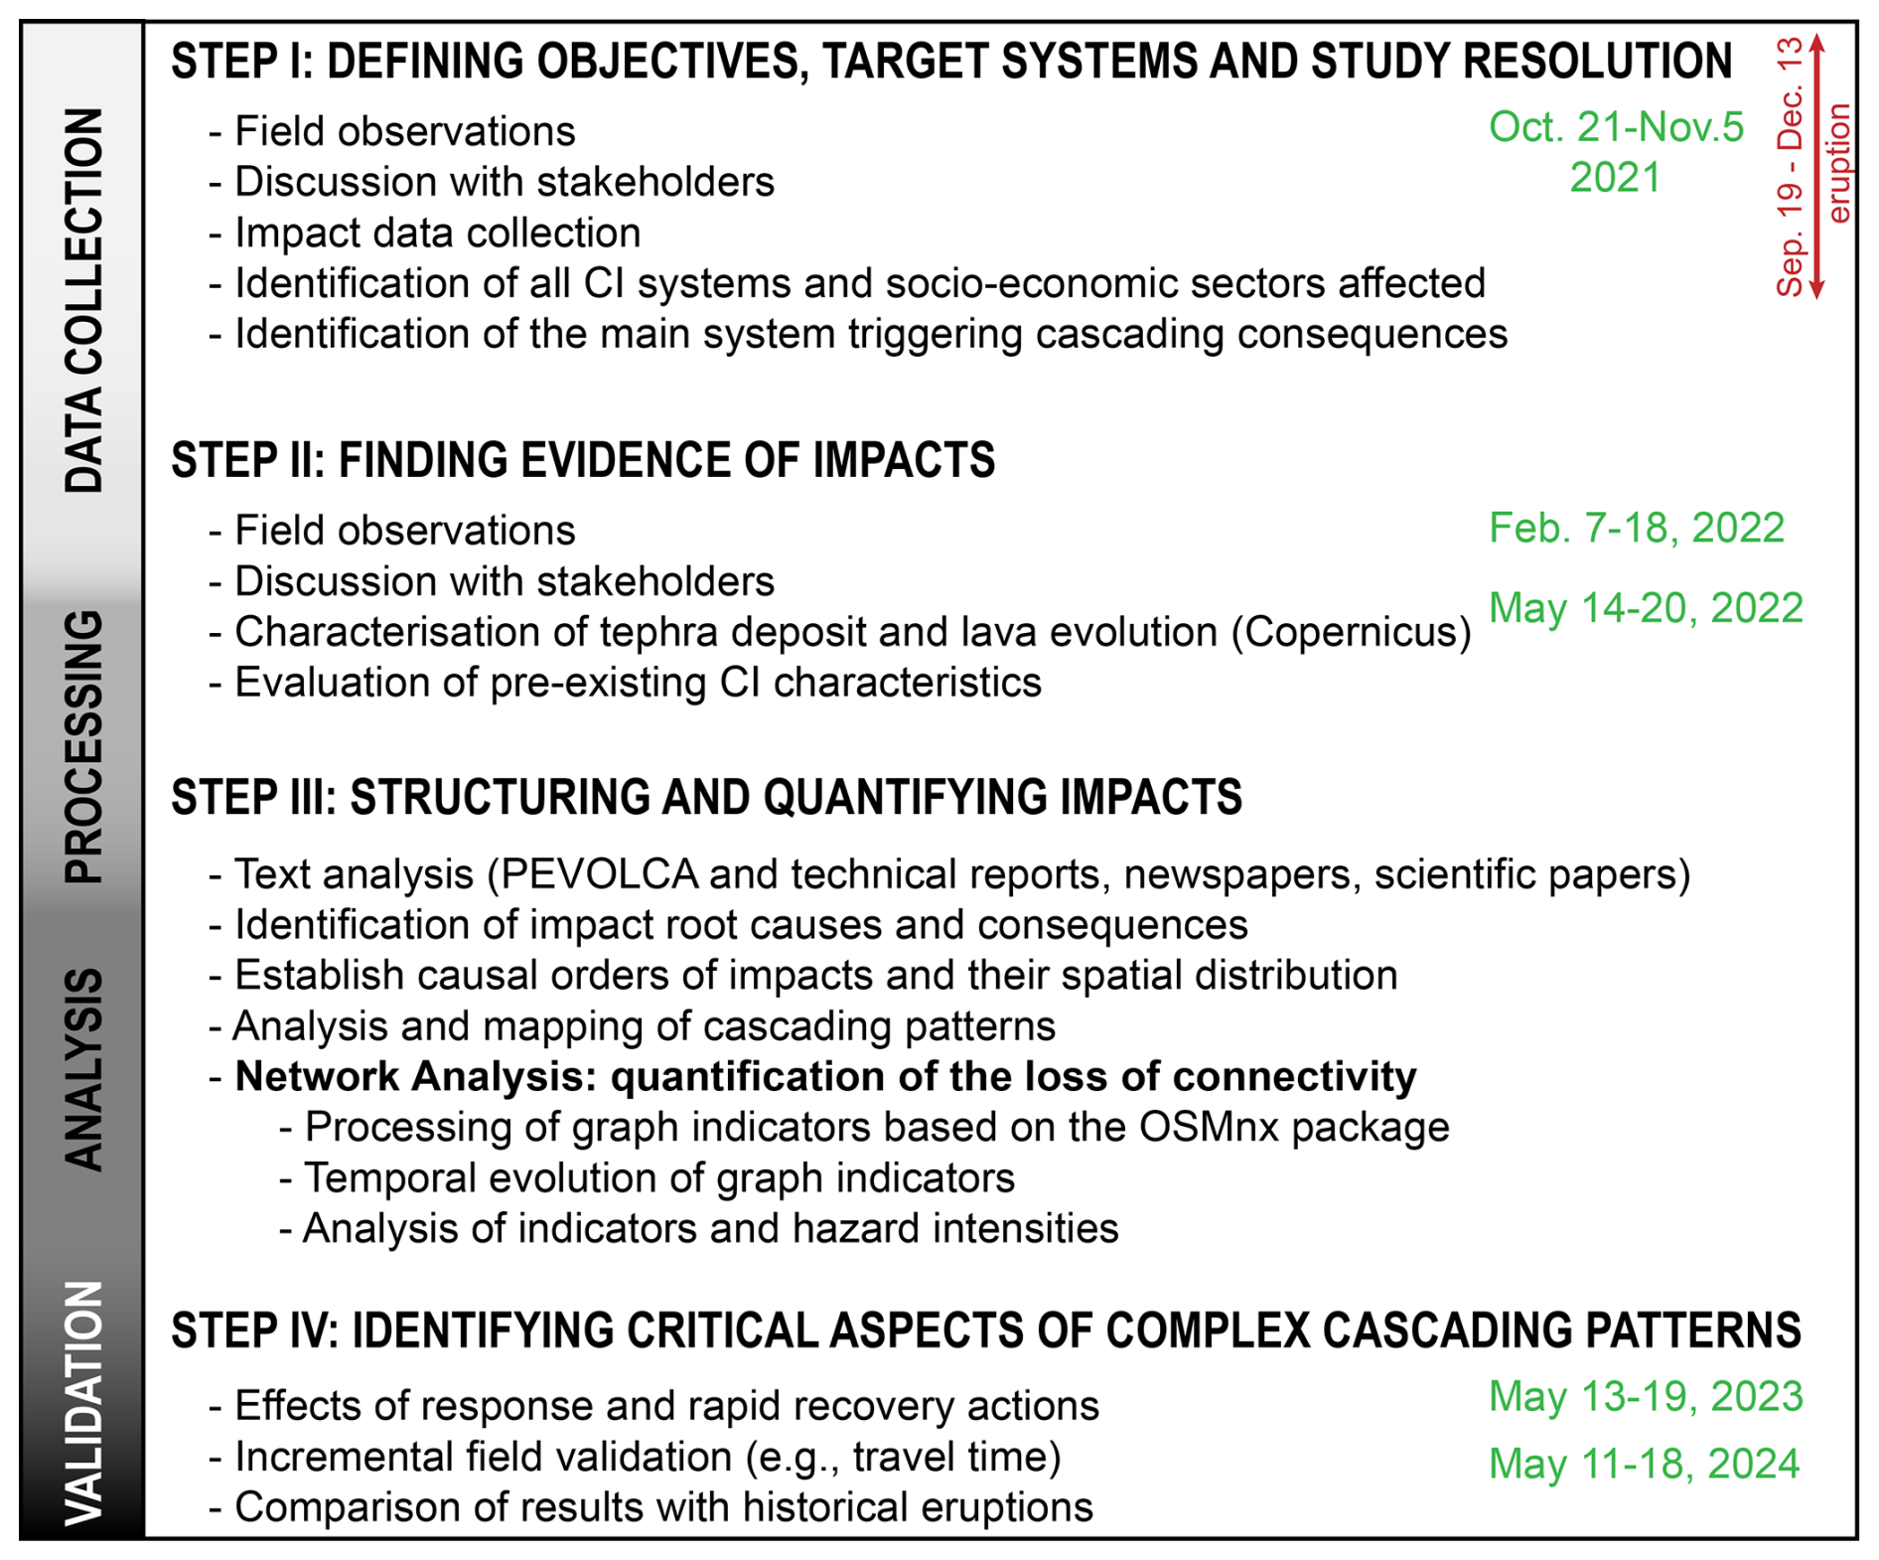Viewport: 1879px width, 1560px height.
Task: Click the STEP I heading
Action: click(x=950, y=62)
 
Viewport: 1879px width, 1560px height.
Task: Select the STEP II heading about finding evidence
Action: click(x=583, y=461)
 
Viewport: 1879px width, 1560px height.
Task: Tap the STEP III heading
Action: click(x=706, y=798)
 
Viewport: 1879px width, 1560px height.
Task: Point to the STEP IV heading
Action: click(x=985, y=1330)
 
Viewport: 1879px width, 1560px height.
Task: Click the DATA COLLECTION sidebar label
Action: click(x=83, y=300)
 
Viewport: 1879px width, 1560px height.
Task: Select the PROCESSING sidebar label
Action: click(x=83, y=747)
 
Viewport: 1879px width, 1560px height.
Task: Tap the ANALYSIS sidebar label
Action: click(x=83, y=1070)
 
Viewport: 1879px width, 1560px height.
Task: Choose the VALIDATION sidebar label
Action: click(x=83, y=1403)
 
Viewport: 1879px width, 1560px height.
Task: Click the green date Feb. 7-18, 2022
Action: click(x=1636, y=529)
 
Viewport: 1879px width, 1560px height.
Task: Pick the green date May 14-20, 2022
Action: click(x=1646, y=608)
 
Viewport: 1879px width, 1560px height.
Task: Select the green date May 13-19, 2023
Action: click(x=1646, y=1397)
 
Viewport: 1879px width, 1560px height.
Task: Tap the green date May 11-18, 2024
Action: click(x=1644, y=1465)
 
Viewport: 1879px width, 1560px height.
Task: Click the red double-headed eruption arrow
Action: click(x=1816, y=167)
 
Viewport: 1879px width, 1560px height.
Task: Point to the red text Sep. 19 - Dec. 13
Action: click(x=1790, y=167)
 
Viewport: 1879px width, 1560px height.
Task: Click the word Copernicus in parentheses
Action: click(x=1351, y=633)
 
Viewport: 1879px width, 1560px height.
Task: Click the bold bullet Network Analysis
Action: click(x=825, y=1077)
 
